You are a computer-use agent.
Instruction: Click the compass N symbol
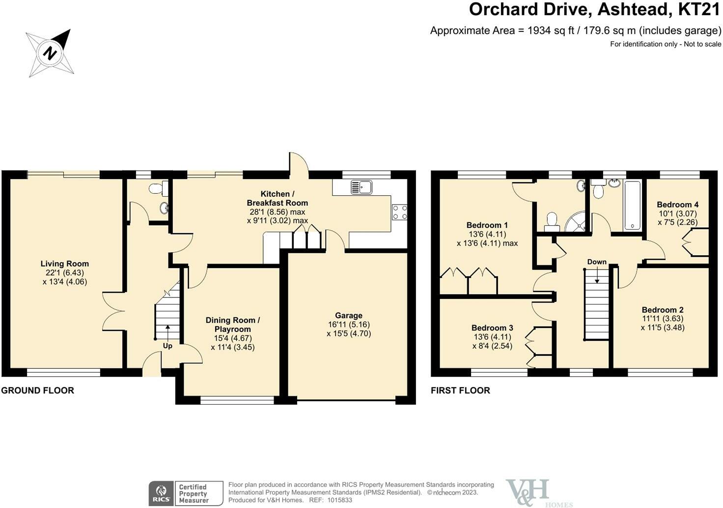[x=50, y=53]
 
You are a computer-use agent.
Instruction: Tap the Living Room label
[x=64, y=264]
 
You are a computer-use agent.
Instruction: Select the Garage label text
[x=349, y=315]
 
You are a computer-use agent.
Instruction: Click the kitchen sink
[x=361, y=187]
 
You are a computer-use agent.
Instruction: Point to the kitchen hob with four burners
[x=399, y=212]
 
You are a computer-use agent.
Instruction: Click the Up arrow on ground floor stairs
[x=167, y=331]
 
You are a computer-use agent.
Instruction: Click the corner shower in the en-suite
[x=575, y=222]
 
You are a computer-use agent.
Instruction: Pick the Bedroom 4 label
[x=677, y=205]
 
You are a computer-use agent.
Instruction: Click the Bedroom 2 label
[x=663, y=310]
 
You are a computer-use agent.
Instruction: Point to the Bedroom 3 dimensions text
[x=492, y=341]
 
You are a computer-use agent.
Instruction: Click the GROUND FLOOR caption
[x=37, y=390]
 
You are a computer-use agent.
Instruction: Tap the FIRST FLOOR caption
[x=460, y=390]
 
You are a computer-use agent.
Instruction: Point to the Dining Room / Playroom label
[x=233, y=325]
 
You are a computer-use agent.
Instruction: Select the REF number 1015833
[x=340, y=500]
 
